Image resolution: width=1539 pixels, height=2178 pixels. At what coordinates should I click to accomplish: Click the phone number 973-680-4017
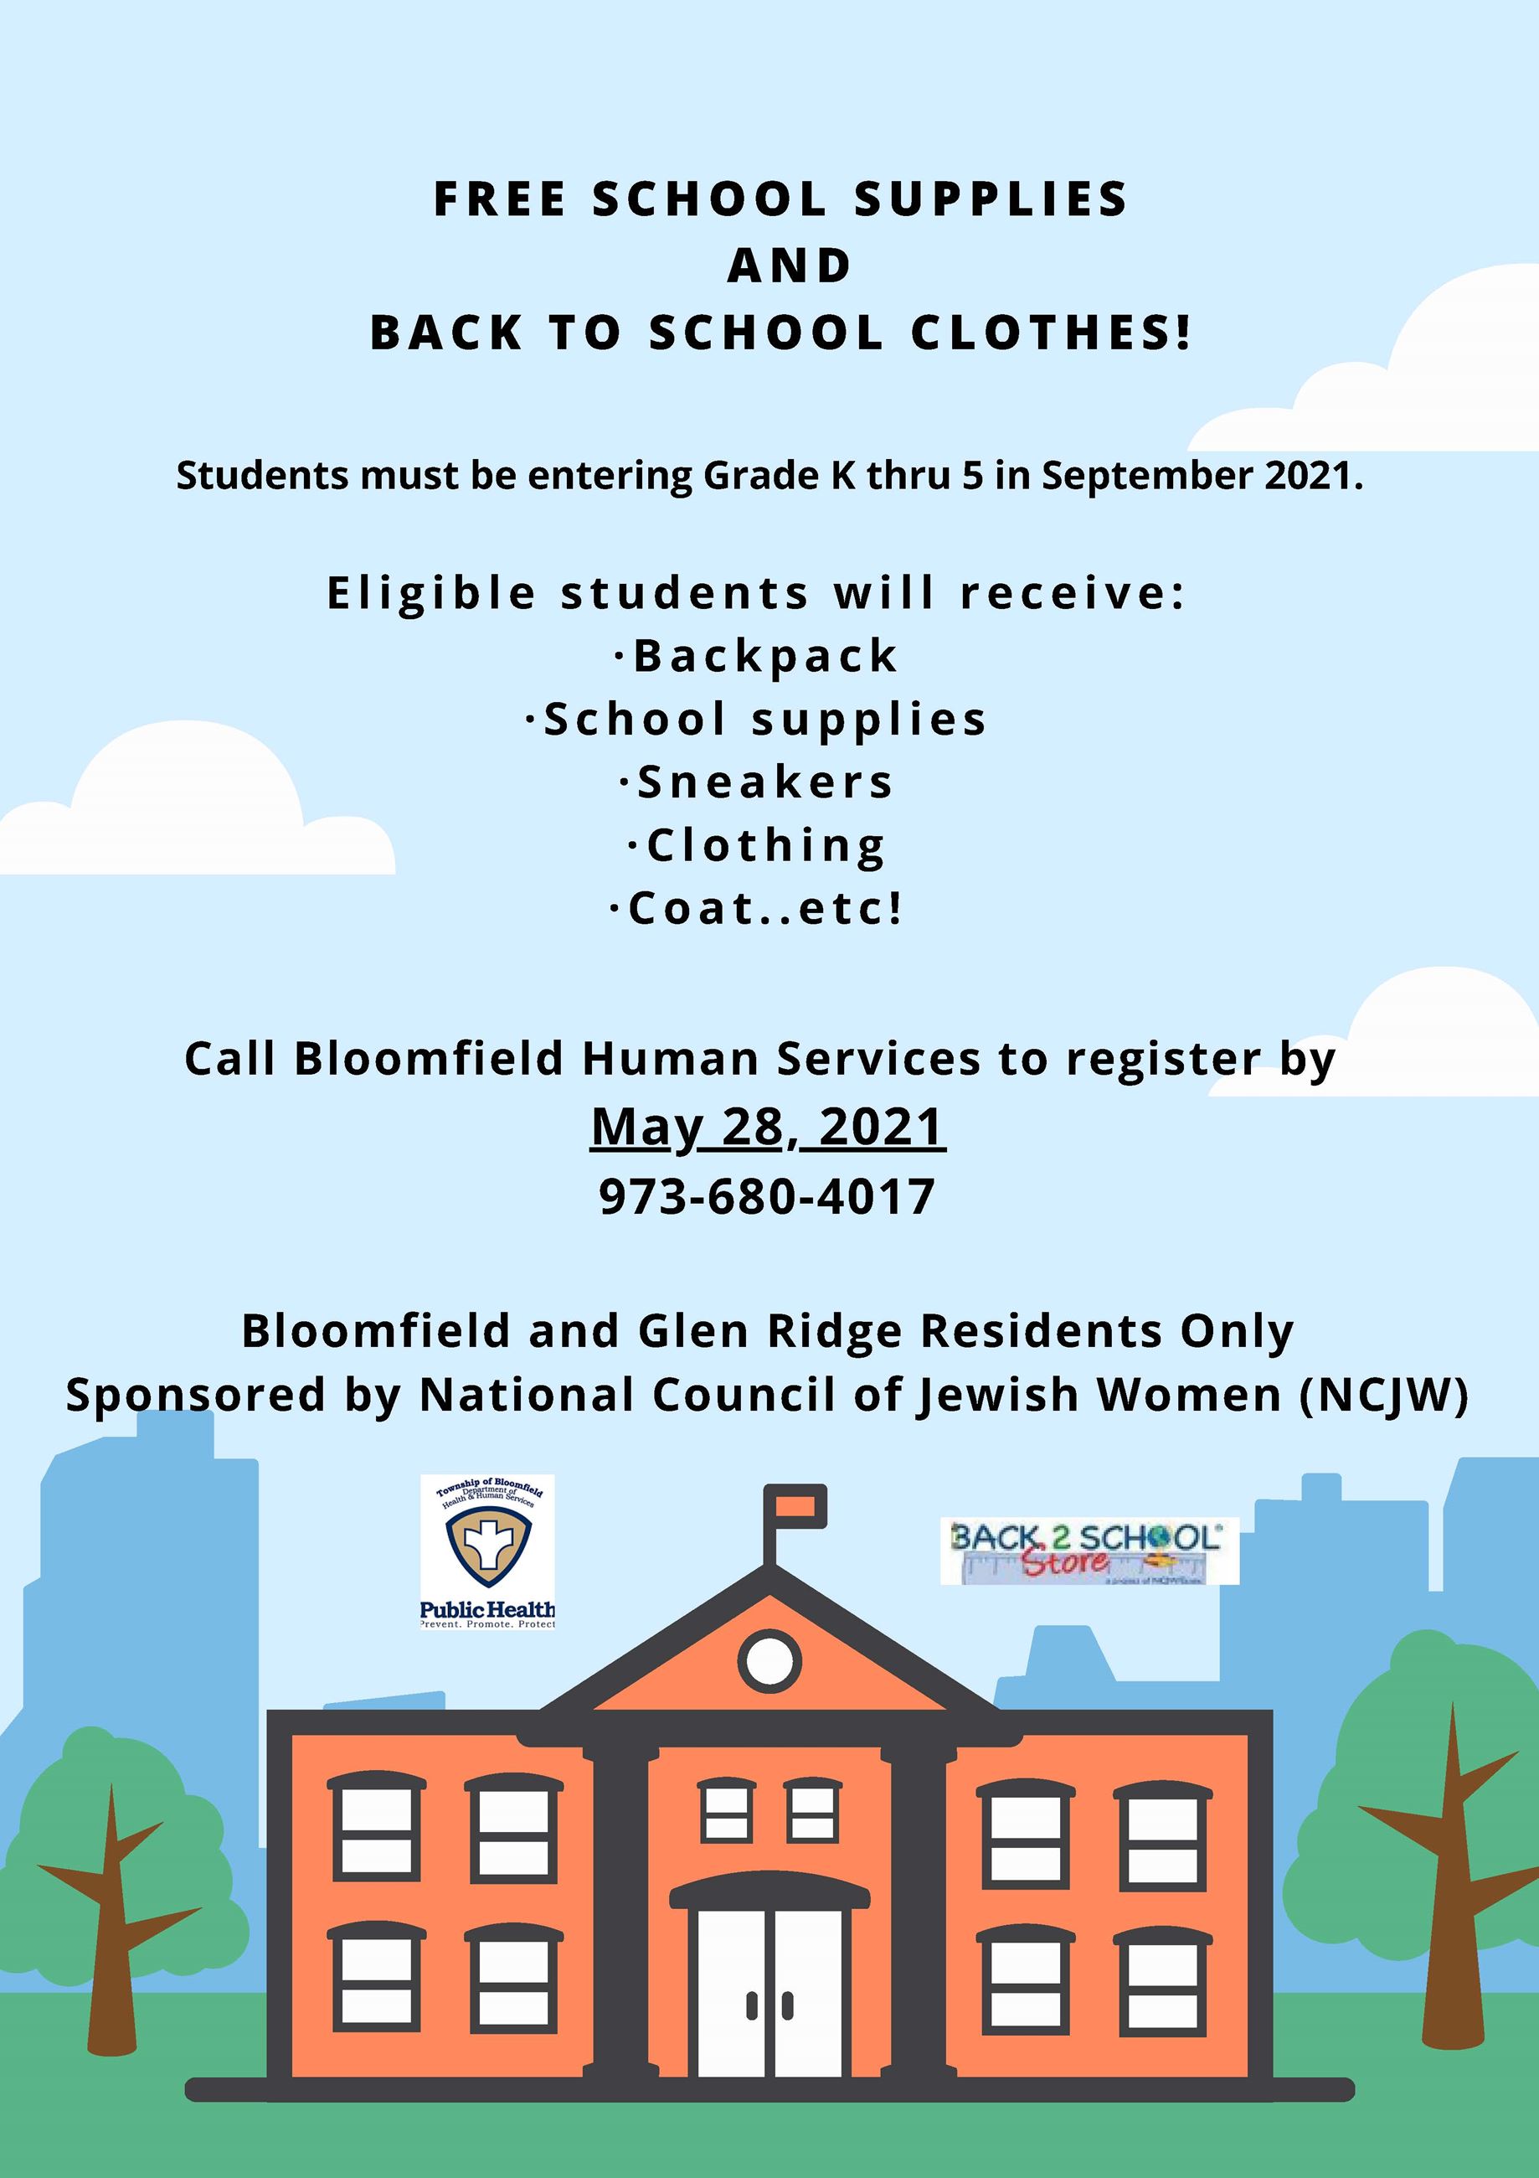(767, 1196)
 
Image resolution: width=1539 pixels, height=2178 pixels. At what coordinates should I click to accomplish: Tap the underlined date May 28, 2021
(768, 1127)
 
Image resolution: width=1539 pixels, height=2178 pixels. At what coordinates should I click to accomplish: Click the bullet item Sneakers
(758, 782)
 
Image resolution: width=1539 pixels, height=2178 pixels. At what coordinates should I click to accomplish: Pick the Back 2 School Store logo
(1089, 1550)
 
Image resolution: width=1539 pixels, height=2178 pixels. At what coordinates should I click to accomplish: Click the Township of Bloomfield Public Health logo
(487, 1551)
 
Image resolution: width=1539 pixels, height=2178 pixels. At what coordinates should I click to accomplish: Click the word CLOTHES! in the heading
(1051, 332)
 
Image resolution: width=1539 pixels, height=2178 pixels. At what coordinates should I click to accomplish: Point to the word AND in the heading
(790, 266)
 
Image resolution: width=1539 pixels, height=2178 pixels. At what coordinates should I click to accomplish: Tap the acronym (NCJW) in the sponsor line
(1384, 1396)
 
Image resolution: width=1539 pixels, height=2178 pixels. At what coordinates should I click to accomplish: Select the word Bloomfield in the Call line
(430, 1058)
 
